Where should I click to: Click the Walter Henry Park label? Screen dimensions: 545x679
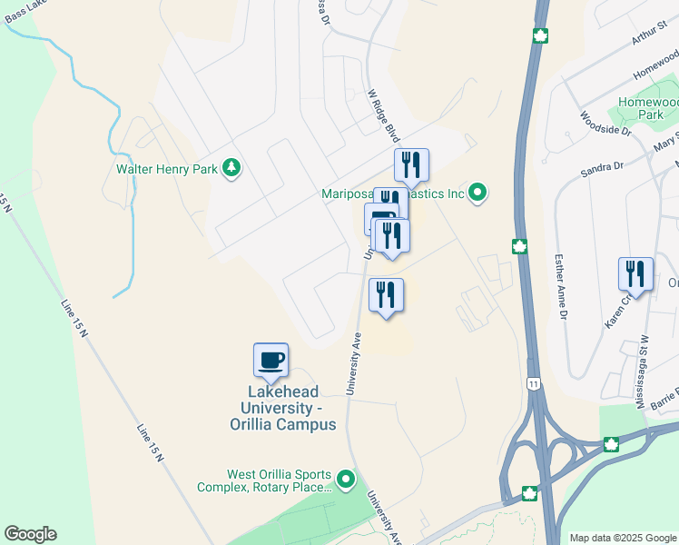[x=169, y=168]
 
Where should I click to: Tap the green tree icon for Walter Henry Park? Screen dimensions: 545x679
[x=232, y=167]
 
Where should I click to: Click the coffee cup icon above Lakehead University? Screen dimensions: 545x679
[x=271, y=361]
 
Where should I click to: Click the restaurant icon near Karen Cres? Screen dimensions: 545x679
[x=635, y=273]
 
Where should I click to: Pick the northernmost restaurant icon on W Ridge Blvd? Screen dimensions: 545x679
[x=411, y=164]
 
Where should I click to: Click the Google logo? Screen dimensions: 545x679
[x=30, y=534]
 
